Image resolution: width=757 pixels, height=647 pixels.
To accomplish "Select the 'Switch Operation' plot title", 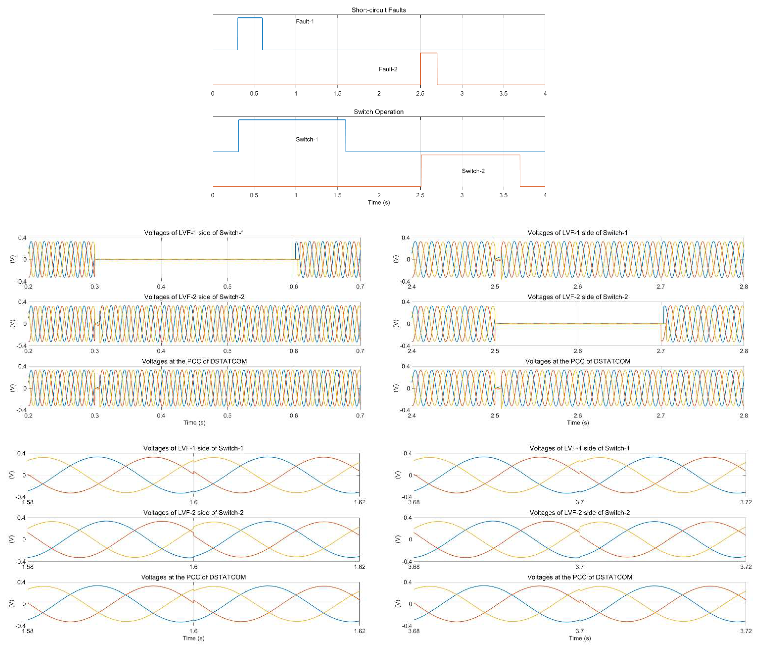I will [x=378, y=112].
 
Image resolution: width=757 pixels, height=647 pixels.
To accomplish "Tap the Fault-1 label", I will [x=305, y=22].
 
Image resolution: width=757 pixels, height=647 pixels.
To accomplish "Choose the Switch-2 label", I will [x=473, y=171].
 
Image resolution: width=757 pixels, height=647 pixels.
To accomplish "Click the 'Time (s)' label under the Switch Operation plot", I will [x=378, y=202].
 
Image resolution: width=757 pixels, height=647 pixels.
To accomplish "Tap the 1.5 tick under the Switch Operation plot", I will [x=337, y=195].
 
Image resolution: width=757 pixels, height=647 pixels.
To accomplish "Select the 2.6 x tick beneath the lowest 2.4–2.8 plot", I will [x=578, y=415].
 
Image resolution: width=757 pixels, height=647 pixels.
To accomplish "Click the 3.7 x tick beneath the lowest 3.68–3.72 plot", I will [x=580, y=631].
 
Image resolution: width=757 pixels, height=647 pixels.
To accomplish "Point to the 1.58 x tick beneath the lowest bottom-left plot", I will [x=28, y=631].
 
